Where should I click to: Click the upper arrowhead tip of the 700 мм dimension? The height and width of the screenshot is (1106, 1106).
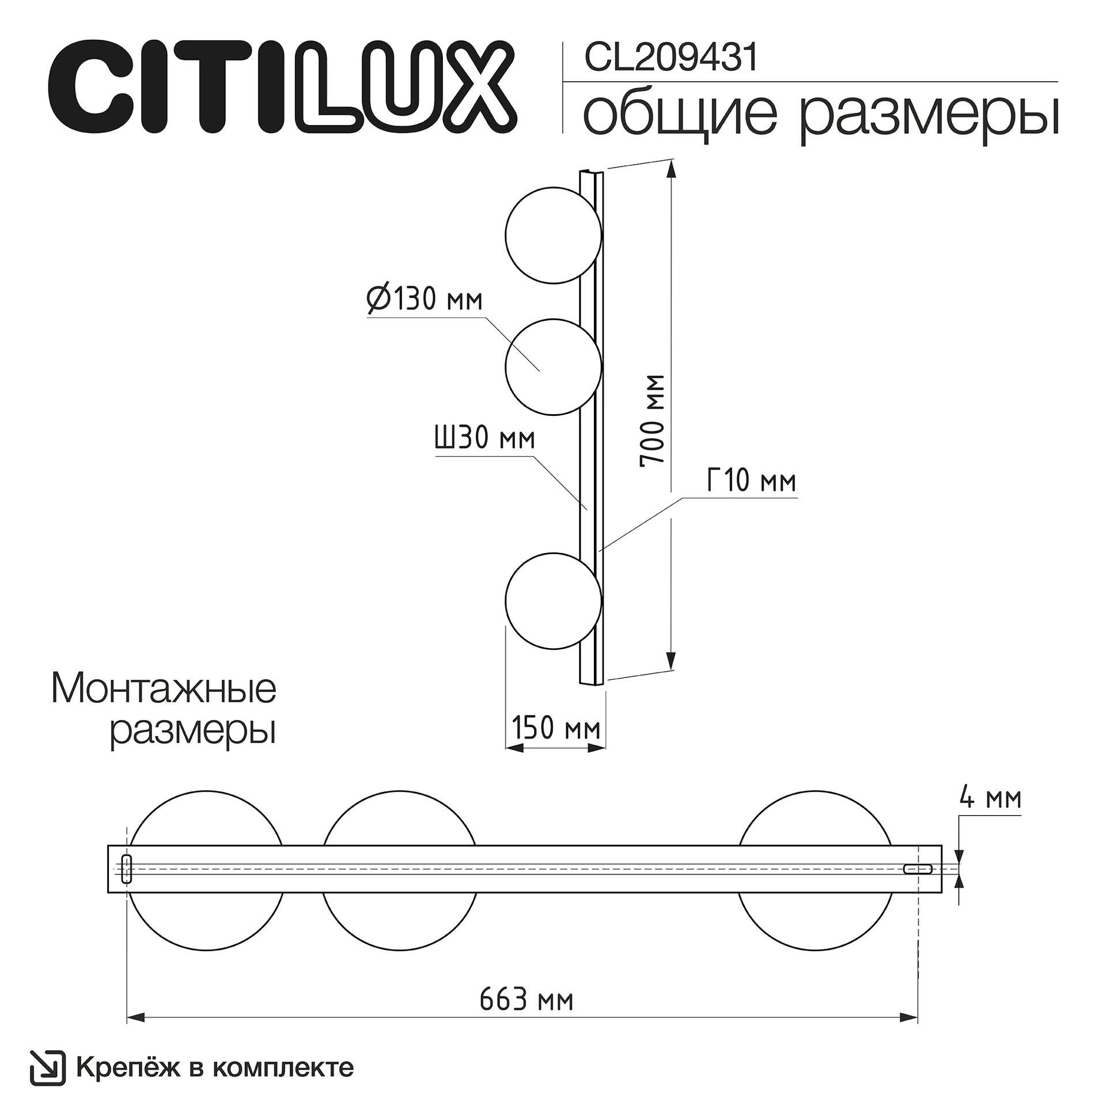click(671, 161)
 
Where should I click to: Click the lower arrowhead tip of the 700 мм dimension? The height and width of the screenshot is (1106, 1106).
click(671, 670)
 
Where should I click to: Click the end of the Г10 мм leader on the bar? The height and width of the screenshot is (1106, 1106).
click(599, 551)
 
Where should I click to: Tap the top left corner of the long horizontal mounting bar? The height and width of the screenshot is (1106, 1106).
click(108, 846)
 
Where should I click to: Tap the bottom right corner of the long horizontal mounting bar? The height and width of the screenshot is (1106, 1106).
click(942, 892)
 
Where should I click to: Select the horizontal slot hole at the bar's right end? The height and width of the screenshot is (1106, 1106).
click(918, 869)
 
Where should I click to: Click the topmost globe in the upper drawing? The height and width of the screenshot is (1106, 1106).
click(553, 235)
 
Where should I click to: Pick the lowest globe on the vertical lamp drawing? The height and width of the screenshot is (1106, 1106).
click(553, 601)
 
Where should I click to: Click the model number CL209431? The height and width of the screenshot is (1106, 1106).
click(671, 58)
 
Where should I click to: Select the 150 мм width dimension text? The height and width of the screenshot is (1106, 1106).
click(556, 728)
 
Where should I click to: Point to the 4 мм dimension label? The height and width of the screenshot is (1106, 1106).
click(990, 798)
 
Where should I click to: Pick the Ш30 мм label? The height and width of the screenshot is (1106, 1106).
click(485, 438)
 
